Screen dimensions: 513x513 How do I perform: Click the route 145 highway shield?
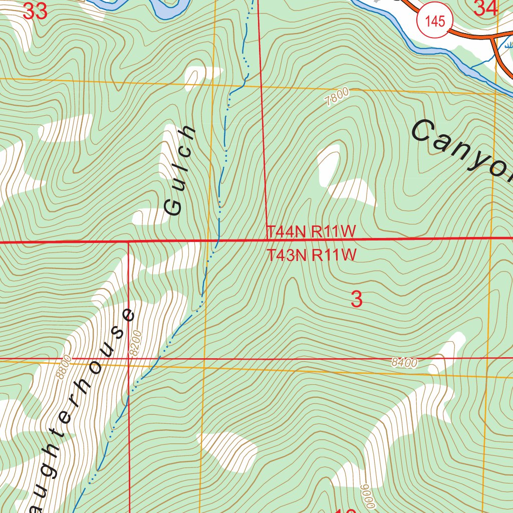[434, 21]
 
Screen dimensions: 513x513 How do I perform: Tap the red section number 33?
[36, 11]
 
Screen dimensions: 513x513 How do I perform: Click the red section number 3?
[356, 300]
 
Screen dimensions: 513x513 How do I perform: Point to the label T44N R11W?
[311, 231]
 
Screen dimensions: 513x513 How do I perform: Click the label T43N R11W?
[311, 255]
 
